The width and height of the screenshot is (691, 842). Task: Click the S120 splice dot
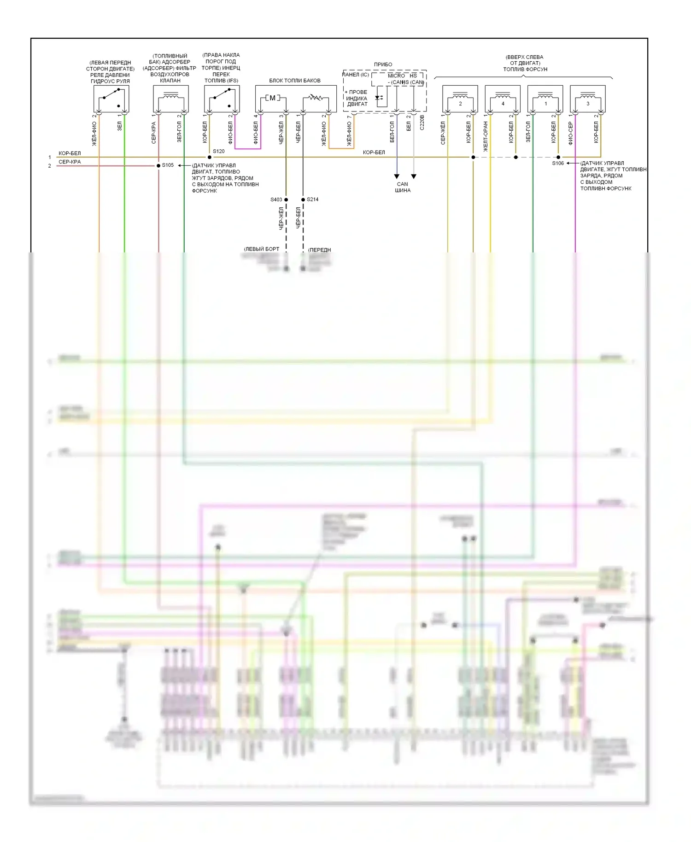pos(210,157)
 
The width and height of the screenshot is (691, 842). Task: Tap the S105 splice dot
pos(158,165)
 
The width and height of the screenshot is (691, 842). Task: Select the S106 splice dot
pos(558,157)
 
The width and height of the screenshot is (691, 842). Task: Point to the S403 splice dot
pos(286,199)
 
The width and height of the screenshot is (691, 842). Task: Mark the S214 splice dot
pos(303,199)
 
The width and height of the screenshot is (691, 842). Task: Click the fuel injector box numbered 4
pos(503,99)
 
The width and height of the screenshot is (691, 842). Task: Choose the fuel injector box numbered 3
pos(587,99)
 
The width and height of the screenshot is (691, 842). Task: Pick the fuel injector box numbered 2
pos(460,99)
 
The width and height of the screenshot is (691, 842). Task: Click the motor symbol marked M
pos(272,98)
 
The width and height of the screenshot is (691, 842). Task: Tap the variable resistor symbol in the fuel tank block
pos(315,98)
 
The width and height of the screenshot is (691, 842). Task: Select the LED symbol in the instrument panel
pos(379,98)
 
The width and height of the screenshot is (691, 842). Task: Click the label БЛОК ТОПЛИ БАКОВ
pos(295,81)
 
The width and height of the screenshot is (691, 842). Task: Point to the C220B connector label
pos(422,123)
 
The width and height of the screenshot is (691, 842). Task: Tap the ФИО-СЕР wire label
pos(571,134)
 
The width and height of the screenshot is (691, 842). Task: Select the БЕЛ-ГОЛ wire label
pos(392,132)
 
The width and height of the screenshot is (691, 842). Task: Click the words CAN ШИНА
pos(403,187)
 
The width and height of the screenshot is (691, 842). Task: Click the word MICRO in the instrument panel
pos(396,76)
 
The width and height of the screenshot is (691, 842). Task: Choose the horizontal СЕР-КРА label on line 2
pos(70,162)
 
